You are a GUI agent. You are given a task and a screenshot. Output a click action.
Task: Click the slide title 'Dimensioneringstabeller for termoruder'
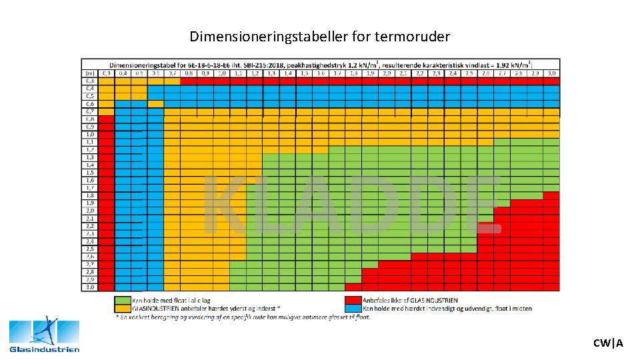pyautogui.click(x=319, y=36)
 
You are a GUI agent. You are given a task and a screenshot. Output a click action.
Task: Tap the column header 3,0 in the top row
pyautogui.click(x=551, y=73)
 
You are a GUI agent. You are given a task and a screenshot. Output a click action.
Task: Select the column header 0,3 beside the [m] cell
pyautogui.click(x=107, y=73)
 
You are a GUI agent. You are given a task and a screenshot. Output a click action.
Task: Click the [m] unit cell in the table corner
pyautogui.click(x=89, y=73)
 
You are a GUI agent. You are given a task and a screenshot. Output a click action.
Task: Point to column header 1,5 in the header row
pyautogui.click(x=304, y=73)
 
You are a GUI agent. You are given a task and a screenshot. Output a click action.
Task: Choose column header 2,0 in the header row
pyautogui.click(x=387, y=73)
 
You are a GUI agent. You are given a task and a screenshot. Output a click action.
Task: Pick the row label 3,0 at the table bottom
pyautogui.click(x=89, y=287)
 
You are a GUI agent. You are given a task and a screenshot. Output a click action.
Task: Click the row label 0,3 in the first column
pyautogui.click(x=89, y=81)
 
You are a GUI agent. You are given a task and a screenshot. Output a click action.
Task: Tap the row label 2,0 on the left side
pyautogui.click(x=89, y=211)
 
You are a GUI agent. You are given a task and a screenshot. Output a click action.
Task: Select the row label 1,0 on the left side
pyautogui.click(x=89, y=134)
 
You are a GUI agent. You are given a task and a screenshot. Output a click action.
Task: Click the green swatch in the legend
pyautogui.click(x=123, y=301)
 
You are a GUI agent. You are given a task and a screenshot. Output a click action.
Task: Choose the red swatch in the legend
pyautogui.click(x=353, y=301)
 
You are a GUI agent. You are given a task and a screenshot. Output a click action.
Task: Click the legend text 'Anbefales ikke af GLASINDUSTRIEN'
pyautogui.click(x=410, y=301)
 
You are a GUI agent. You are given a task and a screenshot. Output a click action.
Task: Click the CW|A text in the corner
pyautogui.click(x=608, y=343)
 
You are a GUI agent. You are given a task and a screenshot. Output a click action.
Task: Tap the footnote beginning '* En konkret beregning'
pyautogui.click(x=243, y=317)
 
